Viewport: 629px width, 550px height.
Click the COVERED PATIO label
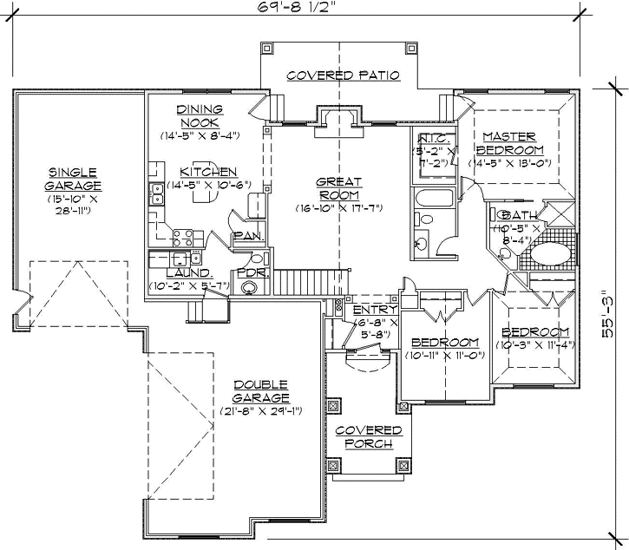[343, 75]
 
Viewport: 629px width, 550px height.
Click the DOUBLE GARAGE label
[261, 391]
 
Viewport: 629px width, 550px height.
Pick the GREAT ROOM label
[338, 188]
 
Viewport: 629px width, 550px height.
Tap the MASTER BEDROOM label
[509, 143]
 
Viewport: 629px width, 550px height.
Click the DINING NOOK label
[200, 115]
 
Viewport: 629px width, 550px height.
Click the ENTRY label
[375, 310]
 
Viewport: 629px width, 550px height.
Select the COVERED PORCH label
[369, 436]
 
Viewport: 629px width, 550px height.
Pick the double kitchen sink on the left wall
[158, 193]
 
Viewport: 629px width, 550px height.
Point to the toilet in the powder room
[250, 289]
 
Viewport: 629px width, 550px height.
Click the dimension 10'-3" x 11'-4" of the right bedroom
[535, 345]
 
